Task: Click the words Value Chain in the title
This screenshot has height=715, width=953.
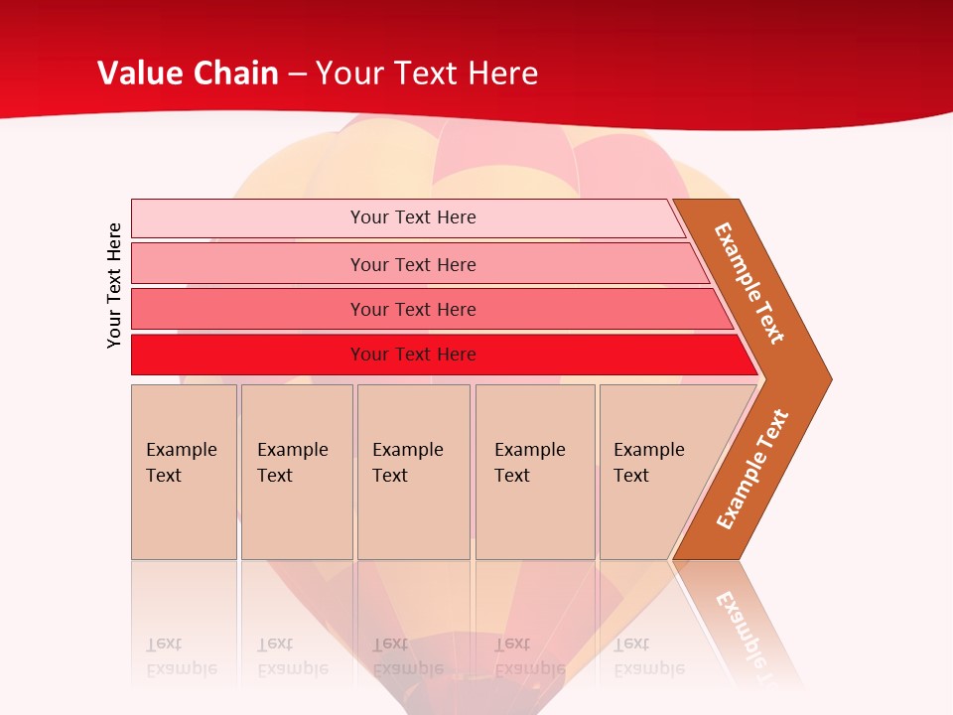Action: (188, 72)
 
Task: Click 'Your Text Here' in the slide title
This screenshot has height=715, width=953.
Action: (427, 72)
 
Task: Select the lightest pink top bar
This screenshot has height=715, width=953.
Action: (248, 217)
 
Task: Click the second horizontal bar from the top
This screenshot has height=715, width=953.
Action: (248, 264)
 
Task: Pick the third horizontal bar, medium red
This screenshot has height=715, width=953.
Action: (248, 309)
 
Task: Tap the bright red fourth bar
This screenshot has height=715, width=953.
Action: (248, 355)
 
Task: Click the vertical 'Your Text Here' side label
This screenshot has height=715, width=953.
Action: (114, 285)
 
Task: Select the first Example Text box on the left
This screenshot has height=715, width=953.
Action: (184, 472)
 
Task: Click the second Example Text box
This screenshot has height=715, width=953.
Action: (296, 472)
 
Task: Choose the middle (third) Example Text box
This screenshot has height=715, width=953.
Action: (413, 472)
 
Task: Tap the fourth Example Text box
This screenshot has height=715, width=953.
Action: (534, 472)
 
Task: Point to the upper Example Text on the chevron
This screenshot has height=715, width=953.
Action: (749, 283)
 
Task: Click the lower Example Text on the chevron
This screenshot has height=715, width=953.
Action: (752, 469)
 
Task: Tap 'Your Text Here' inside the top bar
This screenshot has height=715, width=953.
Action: (413, 217)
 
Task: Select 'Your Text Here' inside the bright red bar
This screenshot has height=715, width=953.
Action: (413, 355)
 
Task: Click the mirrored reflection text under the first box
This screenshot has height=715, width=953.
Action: (182, 656)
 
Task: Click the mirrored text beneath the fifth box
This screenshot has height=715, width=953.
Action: (648, 656)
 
